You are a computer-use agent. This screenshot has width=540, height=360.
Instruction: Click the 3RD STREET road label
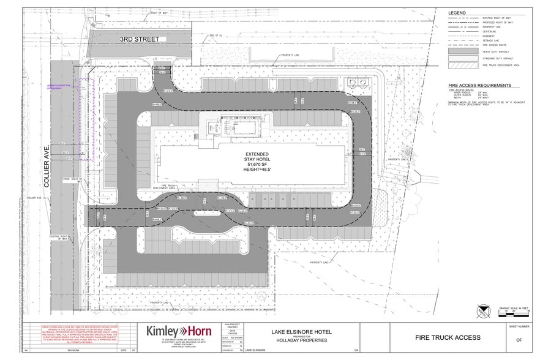(139, 39)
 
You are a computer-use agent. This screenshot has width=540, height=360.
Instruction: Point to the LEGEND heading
(457, 13)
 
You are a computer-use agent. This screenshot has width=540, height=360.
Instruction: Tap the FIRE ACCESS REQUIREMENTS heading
(479, 86)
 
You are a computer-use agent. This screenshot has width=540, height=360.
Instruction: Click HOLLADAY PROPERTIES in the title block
(297, 340)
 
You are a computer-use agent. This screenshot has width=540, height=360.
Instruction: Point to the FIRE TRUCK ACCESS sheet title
(448, 337)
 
